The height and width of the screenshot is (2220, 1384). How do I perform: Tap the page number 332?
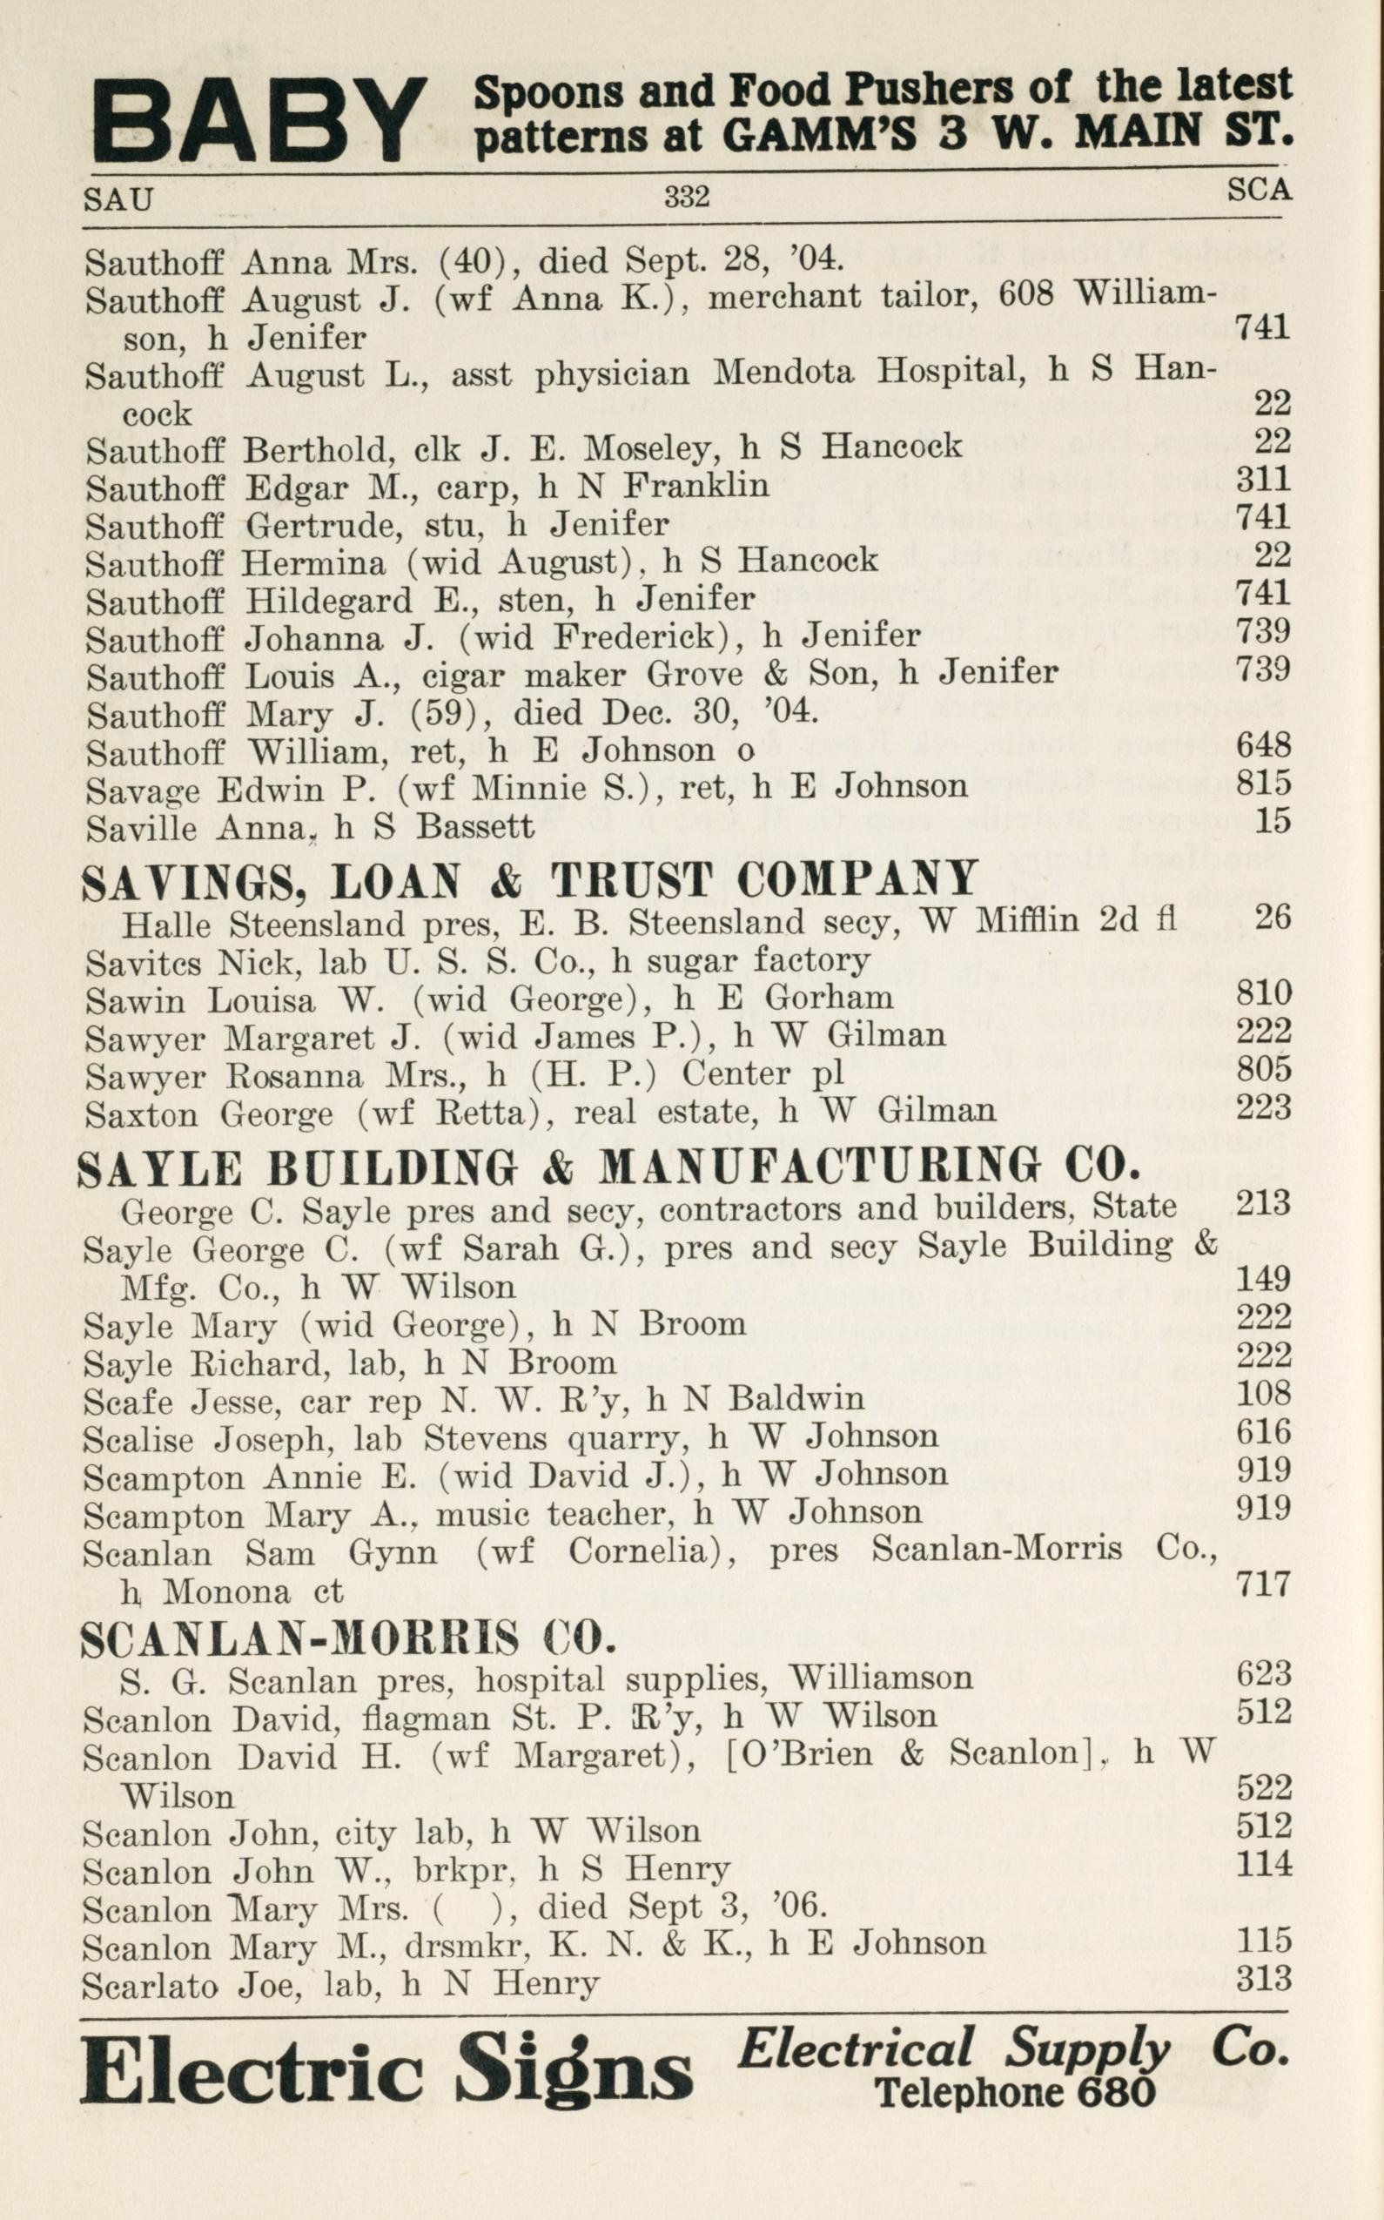687,195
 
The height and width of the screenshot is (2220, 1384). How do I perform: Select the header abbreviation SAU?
118,198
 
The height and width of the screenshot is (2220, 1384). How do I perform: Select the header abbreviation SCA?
1259,189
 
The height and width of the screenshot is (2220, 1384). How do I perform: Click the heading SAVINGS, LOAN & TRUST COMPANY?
530,881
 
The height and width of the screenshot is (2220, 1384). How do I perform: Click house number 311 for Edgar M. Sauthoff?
1263,479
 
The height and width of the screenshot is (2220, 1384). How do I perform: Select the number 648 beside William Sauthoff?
1263,745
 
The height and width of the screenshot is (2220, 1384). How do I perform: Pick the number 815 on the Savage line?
1263,784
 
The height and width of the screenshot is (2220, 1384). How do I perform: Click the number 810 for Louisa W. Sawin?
1263,992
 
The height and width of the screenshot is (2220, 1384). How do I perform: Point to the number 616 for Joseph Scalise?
1263,1432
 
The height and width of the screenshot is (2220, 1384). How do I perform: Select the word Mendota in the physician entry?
783,373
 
